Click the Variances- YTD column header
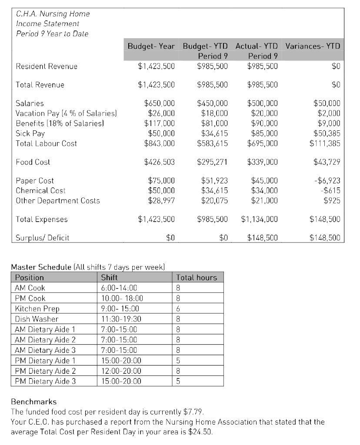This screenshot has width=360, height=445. click(313, 46)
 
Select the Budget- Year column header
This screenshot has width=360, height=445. click(151, 46)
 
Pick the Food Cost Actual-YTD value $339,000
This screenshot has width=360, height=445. click(262, 162)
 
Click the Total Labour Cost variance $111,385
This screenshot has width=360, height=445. click(325, 143)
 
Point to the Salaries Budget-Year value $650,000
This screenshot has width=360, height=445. click(159, 103)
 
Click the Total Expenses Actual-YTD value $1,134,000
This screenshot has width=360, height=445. click(259, 219)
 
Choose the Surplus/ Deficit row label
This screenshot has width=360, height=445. click(42, 238)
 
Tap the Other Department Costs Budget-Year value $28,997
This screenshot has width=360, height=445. click(161, 201)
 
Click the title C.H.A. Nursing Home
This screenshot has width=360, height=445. click(53, 14)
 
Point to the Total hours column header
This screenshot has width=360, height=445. click(197, 277)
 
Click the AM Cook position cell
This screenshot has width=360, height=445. click(30, 288)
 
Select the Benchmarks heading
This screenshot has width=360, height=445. click(33, 402)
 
